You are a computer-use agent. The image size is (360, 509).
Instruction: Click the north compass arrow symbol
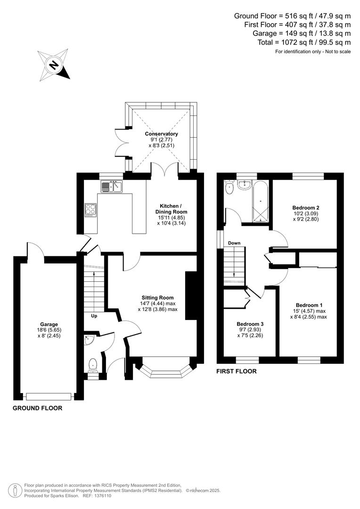pos(54,65)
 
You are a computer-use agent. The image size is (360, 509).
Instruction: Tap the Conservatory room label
pos(161,134)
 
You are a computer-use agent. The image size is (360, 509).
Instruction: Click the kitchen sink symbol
pos(111,187)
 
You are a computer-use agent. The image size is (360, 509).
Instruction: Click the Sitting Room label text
pos(158,297)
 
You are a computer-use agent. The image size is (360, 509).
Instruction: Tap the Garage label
pos(49,324)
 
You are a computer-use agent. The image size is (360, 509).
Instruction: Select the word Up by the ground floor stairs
pos(94,316)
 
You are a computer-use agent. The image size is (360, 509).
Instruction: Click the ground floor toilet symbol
pos(93,364)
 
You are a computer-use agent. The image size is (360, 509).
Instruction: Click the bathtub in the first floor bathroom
pos(261,203)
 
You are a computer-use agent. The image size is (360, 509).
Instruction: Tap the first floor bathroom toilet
pos(229,188)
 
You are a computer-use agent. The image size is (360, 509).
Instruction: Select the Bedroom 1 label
pos(309,305)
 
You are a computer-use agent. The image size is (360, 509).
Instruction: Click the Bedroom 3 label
pos(250,324)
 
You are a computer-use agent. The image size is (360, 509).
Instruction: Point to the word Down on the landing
pos(234,243)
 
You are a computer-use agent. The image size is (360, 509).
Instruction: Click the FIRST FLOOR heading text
pos(237,371)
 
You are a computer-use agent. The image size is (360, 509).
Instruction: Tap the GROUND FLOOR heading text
pos(37,408)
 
